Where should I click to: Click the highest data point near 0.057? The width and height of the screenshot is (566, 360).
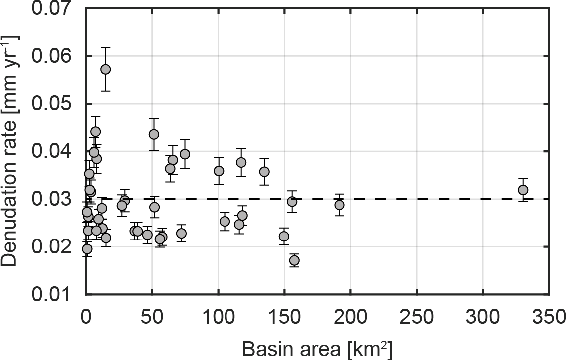point(105,69)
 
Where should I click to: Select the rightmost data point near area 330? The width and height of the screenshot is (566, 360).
point(523,190)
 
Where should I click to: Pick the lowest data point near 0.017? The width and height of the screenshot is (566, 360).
point(294,260)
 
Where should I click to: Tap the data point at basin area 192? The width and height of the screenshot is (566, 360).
point(340,205)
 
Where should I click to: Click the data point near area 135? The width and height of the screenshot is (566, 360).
point(264,172)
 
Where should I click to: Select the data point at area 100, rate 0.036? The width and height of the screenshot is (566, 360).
point(219,171)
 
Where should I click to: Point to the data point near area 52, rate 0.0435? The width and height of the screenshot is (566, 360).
point(154,134)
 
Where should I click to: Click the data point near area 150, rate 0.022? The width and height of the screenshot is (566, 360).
point(284,236)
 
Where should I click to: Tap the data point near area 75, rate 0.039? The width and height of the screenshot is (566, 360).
point(185,154)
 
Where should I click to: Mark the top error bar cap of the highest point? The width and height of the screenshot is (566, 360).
point(105,48)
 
